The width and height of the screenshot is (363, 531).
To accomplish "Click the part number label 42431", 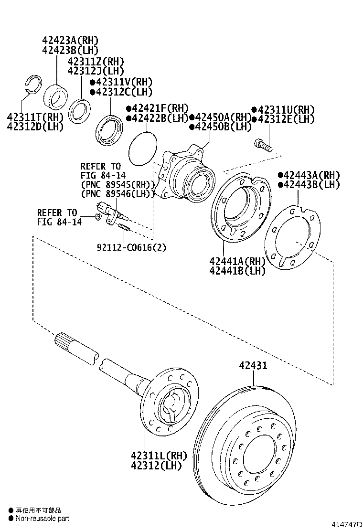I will click(253, 366).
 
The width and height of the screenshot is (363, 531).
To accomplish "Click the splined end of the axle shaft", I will click(64, 341).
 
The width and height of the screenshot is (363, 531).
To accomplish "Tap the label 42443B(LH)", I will click(311, 185).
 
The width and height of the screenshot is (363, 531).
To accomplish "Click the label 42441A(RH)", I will click(237, 261).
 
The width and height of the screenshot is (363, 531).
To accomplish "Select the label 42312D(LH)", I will click(35, 127).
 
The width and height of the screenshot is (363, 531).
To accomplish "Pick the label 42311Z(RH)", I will click(96, 62).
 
